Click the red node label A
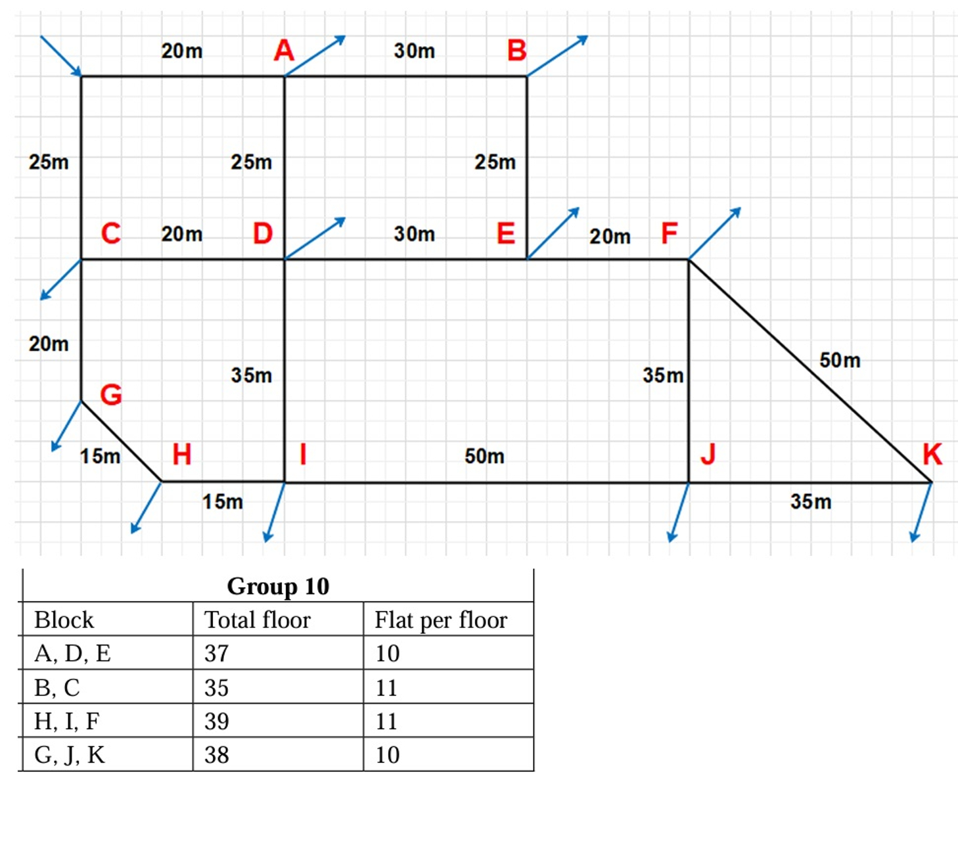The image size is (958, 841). [284, 51]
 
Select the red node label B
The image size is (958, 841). [516, 51]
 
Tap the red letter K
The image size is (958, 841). [932, 454]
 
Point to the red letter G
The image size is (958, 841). [111, 395]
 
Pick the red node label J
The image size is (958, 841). [707, 454]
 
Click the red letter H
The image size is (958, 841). [181, 454]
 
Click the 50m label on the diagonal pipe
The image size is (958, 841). [839, 360]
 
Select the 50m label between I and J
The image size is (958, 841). [484, 456]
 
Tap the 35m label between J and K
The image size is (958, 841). [810, 502]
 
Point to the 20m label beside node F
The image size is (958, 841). [609, 237]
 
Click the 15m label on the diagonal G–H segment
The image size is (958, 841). [100, 456]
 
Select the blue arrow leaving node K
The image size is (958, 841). [921, 512]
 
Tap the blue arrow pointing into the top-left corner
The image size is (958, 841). [60, 56]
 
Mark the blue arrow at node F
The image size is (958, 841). [715, 233]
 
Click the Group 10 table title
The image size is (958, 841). [278, 586]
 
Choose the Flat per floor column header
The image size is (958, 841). [441, 620]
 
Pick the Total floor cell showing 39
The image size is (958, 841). [217, 721]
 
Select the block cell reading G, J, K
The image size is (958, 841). [70, 755]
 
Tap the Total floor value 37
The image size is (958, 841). [217, 653]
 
